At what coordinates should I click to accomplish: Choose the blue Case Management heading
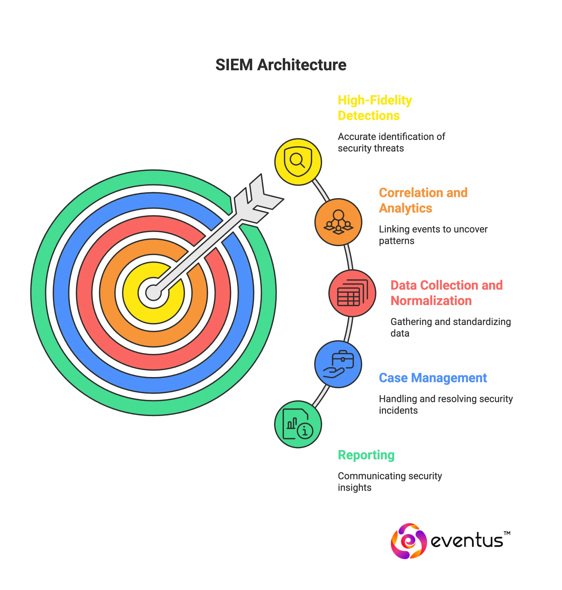pyautogui.click(x=433, y=378)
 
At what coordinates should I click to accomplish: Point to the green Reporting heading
pyautogui.click(x=366, y=455)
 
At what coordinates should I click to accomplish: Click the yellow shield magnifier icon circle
pyautogui.click(x=298, y=162)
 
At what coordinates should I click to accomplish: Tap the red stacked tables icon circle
pyautogui.click(x=352, y=293)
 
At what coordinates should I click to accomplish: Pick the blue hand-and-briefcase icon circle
pyautogui.click(x=338, y=364)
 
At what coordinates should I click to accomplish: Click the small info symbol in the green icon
pyautogui.click(x=305, y=431)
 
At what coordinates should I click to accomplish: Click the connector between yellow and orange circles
pyautogui.click(x=321, y=190)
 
